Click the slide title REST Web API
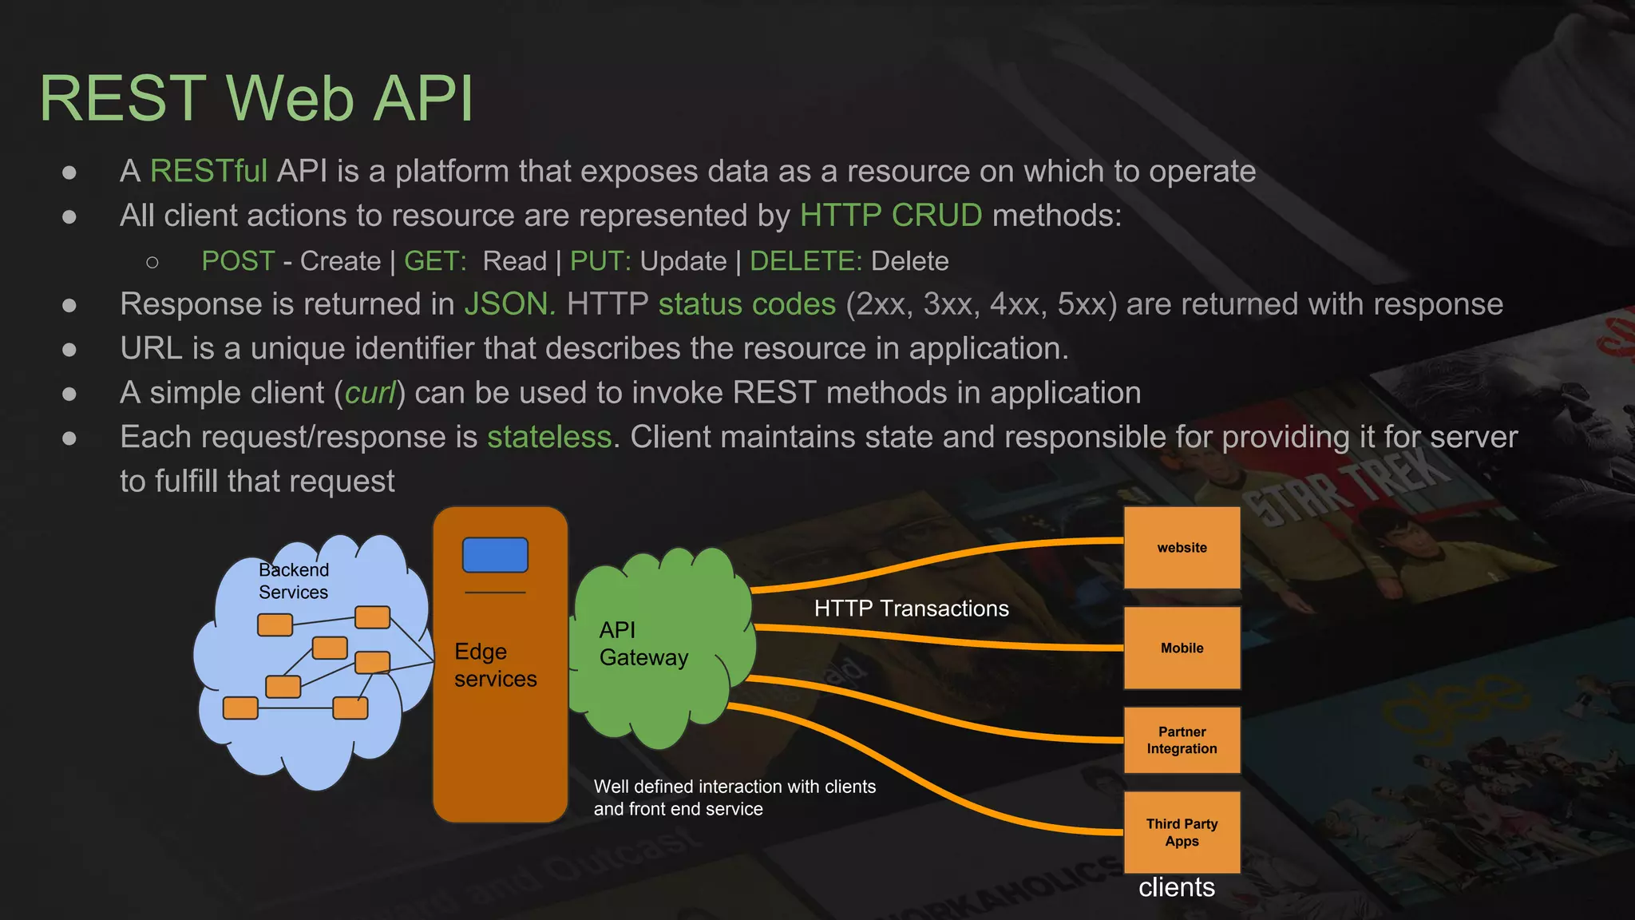point(256,98)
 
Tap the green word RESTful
point(208,172)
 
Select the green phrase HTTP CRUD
point(890,216)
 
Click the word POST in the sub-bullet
point(238,261)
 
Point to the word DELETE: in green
point(806,261)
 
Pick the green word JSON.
point(509,304)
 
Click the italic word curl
point(370,393)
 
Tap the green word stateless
point(549,437)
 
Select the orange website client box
point(1182,548)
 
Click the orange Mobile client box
point(1182,648)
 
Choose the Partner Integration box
point(1182,740)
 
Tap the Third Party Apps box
point(1182,832)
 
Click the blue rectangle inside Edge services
point(495,555)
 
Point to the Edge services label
point(494,665)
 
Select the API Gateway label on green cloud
point(643,644)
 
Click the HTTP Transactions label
point(911,609)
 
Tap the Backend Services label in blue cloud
point(293,581)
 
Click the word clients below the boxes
point(1176,887)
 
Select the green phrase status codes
point(746,304)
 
